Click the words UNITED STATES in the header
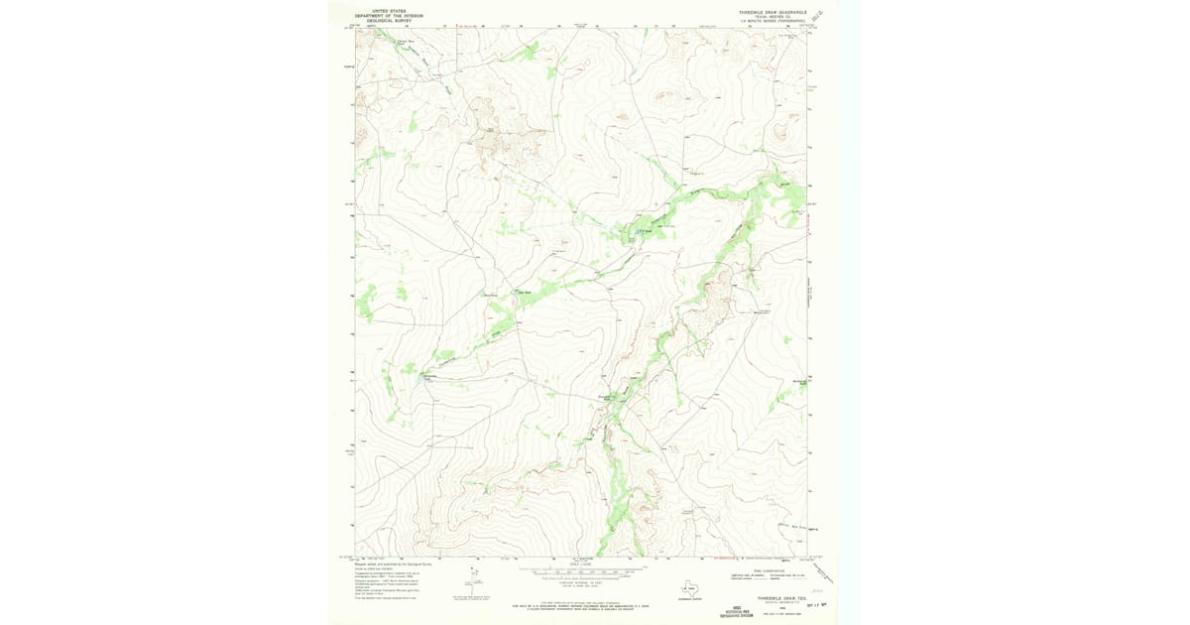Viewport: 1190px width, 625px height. click(x=390, y=11)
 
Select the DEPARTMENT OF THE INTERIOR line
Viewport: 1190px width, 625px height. click(x=390, y=16)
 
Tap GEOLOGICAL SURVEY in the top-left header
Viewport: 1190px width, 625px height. click(x=390, y=21)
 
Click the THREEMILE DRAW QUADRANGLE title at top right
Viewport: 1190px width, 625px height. click(x=773, y=12)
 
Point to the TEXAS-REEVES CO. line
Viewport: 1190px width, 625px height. click(x=773, y=17)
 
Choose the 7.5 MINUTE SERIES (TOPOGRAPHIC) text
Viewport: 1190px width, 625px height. click(x=773, y=21)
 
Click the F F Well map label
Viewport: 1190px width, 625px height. click(x=643, y=234)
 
